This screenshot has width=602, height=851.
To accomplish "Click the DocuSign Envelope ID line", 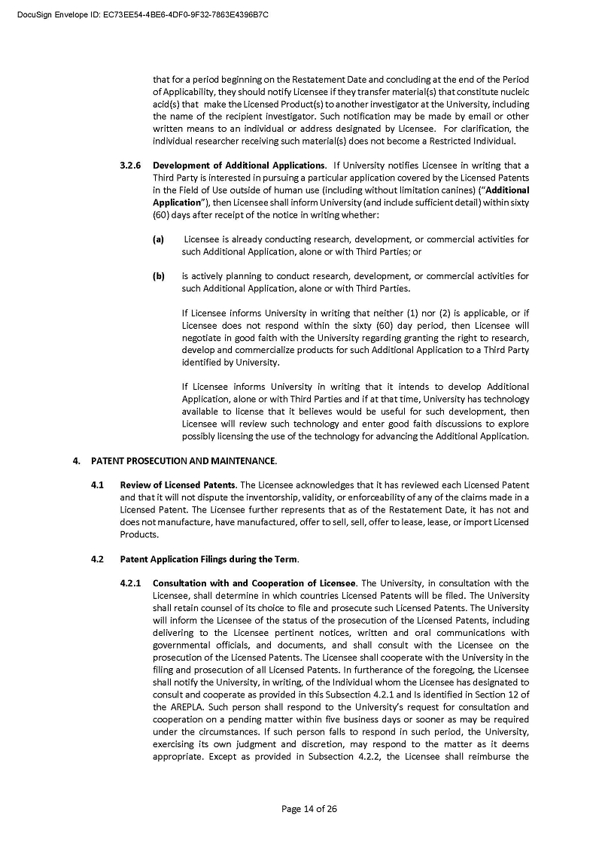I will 143,14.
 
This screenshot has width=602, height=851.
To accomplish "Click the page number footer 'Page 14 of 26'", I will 309,809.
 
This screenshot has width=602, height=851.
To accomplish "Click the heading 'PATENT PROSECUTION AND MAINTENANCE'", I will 184,460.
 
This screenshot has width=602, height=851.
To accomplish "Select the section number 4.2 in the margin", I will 97,559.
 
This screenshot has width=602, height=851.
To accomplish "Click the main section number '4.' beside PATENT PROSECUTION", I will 76,460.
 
